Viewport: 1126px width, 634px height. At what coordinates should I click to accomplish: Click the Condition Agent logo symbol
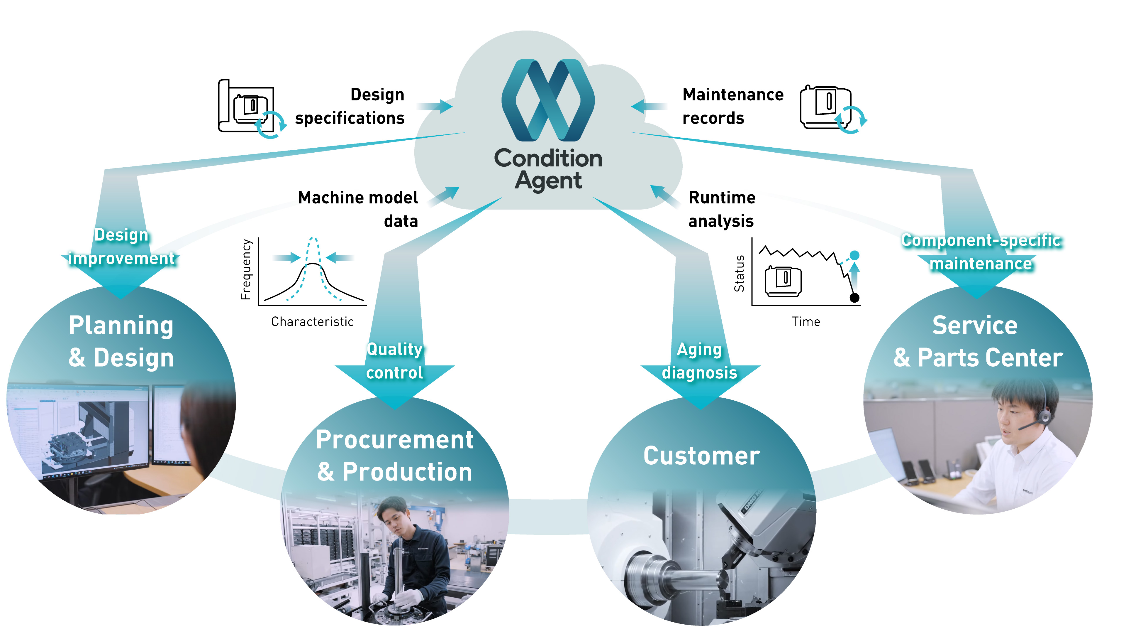(x=548, y=100)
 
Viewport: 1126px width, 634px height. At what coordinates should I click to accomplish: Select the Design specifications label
(x=350, y=106)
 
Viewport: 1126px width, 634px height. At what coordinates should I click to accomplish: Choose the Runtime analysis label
(x=721, y=209)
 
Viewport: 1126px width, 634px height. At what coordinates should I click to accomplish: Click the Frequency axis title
(x=246, y=269)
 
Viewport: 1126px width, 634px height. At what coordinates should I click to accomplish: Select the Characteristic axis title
(x=312, y=322)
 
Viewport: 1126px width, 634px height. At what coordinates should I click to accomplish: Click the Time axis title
(x=806, y=322)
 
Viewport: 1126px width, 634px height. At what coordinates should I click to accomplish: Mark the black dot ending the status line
(x=854, y=298)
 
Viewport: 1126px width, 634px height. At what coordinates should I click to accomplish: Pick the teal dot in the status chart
(x=854, y=255)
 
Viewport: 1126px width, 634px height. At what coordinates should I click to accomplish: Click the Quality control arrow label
(x=395, y=361)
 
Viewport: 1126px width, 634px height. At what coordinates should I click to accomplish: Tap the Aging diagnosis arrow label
(x=699, y=361)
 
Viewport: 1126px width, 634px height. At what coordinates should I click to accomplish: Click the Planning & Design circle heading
(x=121, y=342)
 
